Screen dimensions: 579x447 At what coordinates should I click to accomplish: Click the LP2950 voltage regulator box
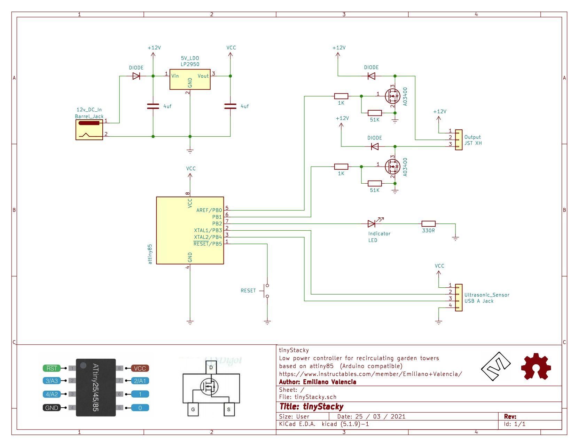[190, 79]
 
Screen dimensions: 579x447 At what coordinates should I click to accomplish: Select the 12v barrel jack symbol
[89, 130]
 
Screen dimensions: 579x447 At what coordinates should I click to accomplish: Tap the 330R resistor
[429, 224]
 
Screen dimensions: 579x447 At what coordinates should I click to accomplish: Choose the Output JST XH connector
[459, 140]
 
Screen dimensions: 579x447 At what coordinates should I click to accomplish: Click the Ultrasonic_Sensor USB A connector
[459, 298]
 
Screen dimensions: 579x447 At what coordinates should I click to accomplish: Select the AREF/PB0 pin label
[209, 210]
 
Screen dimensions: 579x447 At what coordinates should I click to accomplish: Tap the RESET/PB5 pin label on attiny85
[208, 244]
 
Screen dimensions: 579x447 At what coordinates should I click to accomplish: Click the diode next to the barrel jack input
[136, 76]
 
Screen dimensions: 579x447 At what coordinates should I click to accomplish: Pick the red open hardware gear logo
[536, 367]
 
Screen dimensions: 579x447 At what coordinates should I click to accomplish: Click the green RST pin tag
[52, 368]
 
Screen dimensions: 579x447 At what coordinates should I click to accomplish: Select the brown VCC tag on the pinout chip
[140, 368]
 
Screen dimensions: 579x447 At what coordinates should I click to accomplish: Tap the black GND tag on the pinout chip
[52, 408]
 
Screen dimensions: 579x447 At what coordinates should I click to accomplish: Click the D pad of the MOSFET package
[211, 367]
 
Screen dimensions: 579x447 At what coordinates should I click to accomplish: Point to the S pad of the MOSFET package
[229, 409]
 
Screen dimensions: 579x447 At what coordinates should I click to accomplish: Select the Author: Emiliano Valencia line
[318, 382]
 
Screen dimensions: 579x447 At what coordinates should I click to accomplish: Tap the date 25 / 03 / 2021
[371, 417]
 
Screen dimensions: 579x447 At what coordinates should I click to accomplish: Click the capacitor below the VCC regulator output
[230, 106]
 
